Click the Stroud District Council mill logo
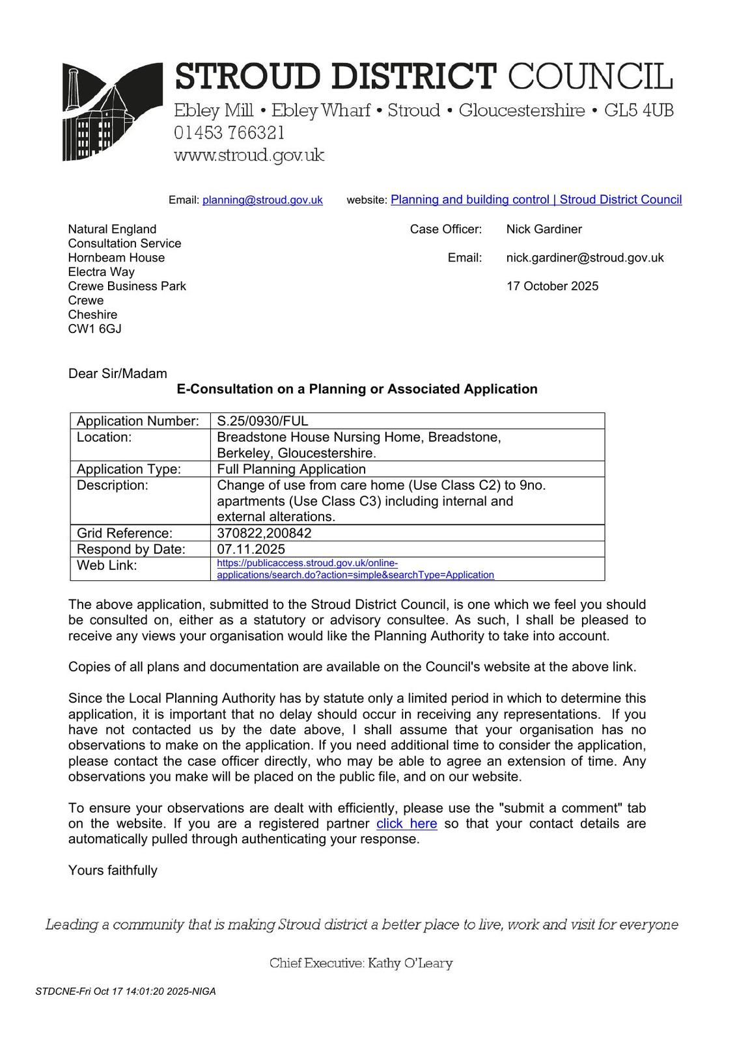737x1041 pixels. pyautogui.click(x=111, y=112)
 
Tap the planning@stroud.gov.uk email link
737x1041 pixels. pyautogui.click(x=262, y=200)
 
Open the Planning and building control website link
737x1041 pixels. pyautogui.click(x=536, y=200)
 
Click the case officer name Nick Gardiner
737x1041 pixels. pyautogui.click(x=544, y=229)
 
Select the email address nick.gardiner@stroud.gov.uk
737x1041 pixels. pyautogui.click(x=585, y=258)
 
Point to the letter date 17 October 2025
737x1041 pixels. pyautogui.click(x=552, y=286)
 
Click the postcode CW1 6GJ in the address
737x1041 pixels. pyautogui.click(x=94, y=329)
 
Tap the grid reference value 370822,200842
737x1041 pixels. pyautogui.click(x=264, y=534)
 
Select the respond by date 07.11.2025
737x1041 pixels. pyautogui.click(x=251, y=549)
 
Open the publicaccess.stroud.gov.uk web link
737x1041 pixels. pyautogui.click(x=355, y=569)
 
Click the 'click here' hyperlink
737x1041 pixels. pyautogui.click(x=406, y=824)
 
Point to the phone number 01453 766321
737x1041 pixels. pyautogui.click(x=229, y=133)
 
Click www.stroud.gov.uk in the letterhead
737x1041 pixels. pyautogui.click(x=249, y=155)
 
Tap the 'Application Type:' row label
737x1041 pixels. pyautogui.click(x=128, y=469)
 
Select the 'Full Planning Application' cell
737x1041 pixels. pyautogui.click(x=291, y=469)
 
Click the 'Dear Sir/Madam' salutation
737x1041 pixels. pyautogui.click(x=117, y=373)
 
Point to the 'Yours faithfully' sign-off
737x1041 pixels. pyautogui.click(x=113, y=871)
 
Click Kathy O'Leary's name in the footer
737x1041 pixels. pyautogui.click(x=410, y=964)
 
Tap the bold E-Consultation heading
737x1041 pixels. pyautogui.click(x=357, y=389)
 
